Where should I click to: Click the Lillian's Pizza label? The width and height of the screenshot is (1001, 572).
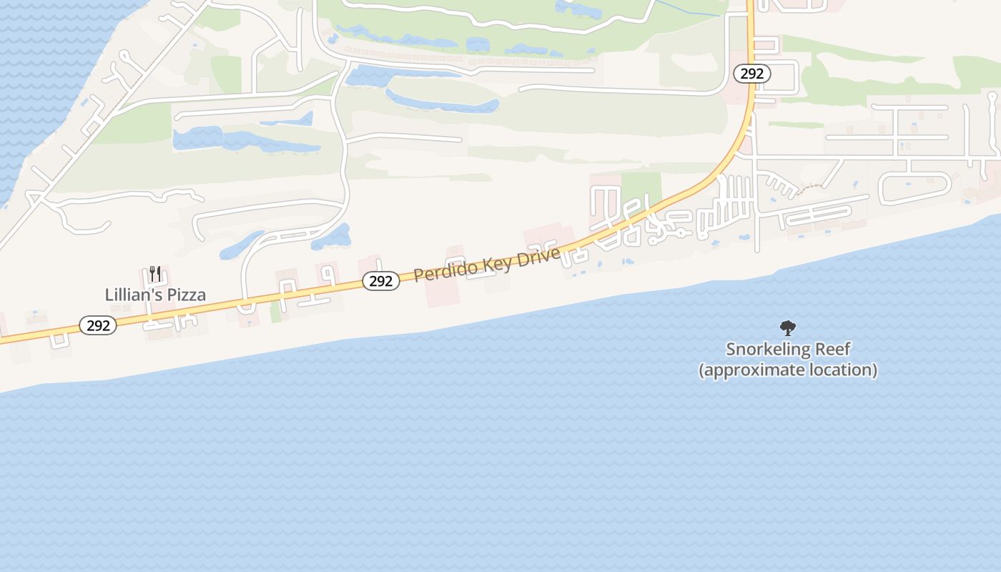[x=155, y=295]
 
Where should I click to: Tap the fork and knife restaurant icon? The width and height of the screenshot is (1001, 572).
[x=155, y=274]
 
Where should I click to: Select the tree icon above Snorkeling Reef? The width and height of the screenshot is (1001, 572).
[x=787, y=328]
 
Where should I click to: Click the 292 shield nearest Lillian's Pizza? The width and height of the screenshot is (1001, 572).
[x=98, y=326]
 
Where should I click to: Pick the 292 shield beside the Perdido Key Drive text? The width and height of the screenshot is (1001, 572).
[x=380, y=282]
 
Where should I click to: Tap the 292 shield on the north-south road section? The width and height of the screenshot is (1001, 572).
[x=751, y=74]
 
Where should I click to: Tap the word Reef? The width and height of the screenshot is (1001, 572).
[x=833, y=350]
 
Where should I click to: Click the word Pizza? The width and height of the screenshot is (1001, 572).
[x=186, y=295]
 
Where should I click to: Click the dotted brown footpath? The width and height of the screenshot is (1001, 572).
[x=809, y=188]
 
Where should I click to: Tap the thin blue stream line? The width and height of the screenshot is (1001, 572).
[x=686, y=9]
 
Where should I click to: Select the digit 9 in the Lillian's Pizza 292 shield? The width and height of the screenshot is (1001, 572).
[x=98, y=326]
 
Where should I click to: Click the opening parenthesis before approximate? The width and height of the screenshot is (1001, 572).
[x=701, y=370]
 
